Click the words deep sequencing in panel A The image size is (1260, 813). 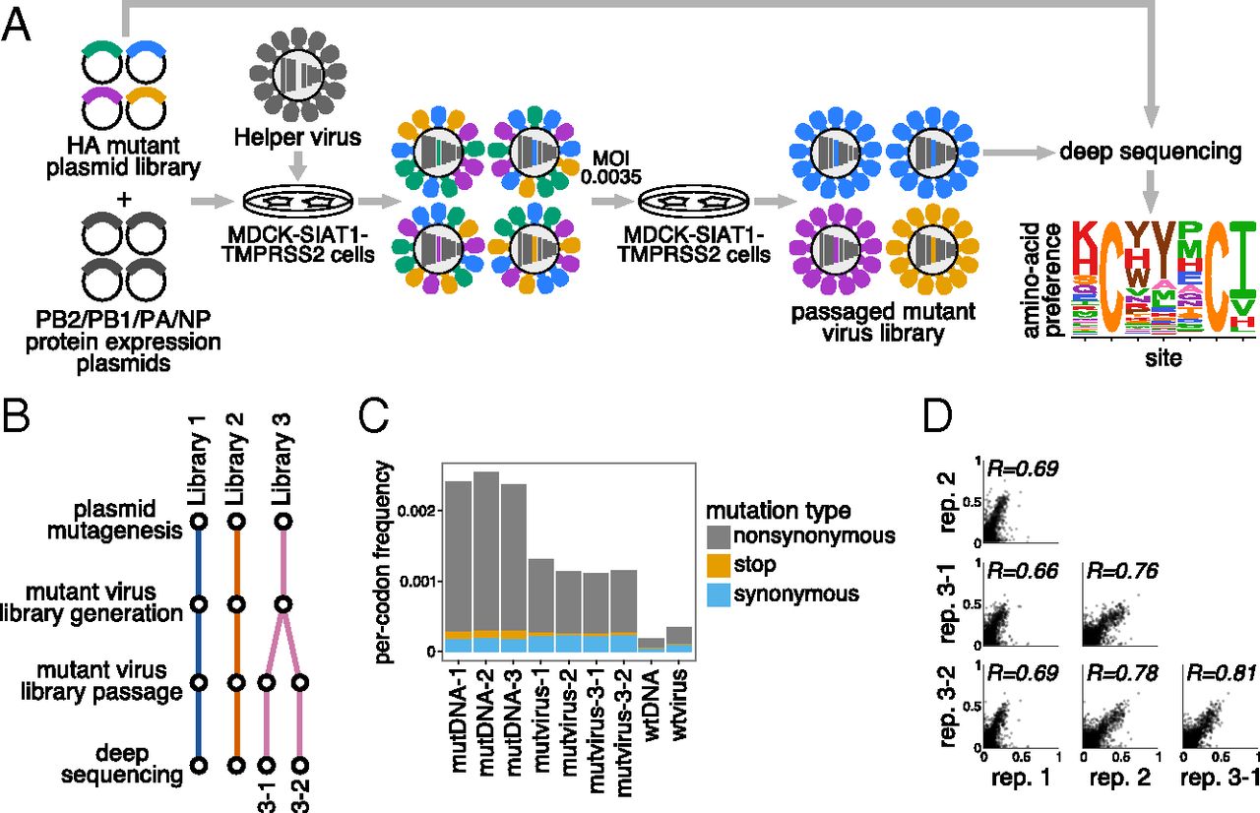pos(1135,154)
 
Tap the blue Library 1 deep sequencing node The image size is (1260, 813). pos(198,764)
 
